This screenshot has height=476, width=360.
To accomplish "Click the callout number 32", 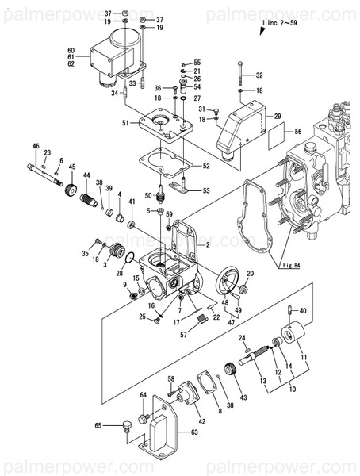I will click(259, 75).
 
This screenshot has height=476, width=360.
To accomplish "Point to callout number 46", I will click(36, 146).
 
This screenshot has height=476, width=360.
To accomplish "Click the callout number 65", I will click(98, 426).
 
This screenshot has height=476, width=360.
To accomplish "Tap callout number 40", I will click(303, 310).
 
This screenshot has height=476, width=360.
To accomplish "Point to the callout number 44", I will click(86, 175).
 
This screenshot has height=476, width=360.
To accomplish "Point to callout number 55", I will click(197, 62).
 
